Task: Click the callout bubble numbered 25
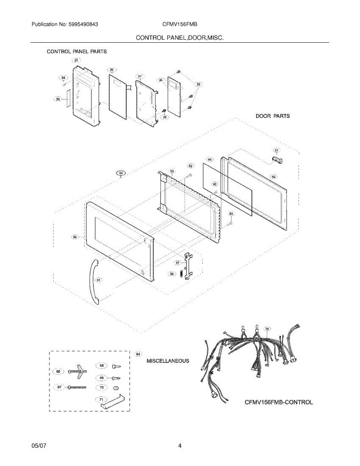(76, 60)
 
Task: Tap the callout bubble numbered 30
(58, 99)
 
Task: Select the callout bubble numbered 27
(140, 76)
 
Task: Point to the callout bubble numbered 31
(276, 150)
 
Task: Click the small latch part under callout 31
(275, 159)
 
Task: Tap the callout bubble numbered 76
(267, 329)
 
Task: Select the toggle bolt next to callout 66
(78, 372)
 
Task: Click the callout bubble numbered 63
(231, 214)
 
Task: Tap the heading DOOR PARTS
(272, 116)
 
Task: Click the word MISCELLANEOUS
(168, 361)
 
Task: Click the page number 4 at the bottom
(180, 446)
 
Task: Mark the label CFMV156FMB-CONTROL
(278, 402)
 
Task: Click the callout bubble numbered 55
(172, 171)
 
